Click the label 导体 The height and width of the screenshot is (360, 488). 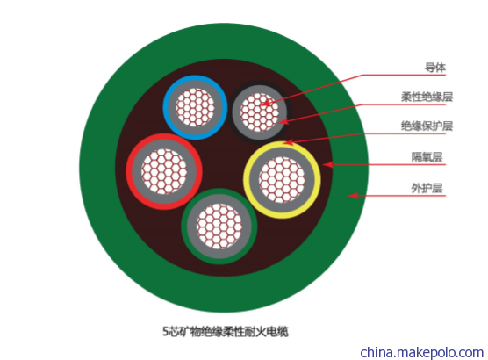pos(435,68)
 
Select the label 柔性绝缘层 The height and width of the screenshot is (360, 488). pos(427,97)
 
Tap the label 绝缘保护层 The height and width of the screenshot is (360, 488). pos(427,126)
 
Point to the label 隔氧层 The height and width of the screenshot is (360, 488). pos(427,157)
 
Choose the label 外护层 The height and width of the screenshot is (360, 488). pos(427,188)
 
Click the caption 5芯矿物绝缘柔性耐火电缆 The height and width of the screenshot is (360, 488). pos(226,331)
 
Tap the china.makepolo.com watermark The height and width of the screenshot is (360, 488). pos(421,352)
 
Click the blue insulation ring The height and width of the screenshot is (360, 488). pos(165,107)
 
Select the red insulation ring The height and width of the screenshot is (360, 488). pos(129,171)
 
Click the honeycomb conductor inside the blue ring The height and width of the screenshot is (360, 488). pos(195,107)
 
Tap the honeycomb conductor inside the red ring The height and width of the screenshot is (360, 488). pos(164,171)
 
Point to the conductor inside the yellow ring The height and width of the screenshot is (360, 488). pos(282,180)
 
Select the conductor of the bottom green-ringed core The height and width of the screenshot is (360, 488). pos(219,227)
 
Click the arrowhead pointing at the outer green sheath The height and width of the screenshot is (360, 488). pos(352,196)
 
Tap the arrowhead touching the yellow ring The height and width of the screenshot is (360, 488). pos(288,142)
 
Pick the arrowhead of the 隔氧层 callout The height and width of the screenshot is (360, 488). pos(327,164)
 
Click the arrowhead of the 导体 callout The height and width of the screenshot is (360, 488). pos(266,103)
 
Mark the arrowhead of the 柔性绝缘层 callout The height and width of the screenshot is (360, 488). pos(283,121)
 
